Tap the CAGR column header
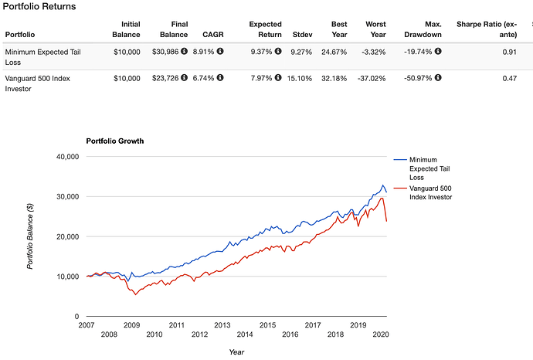point(213,35)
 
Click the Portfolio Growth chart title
point(114,141)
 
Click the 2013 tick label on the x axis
point(222,325)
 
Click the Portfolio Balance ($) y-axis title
point(30,235)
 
